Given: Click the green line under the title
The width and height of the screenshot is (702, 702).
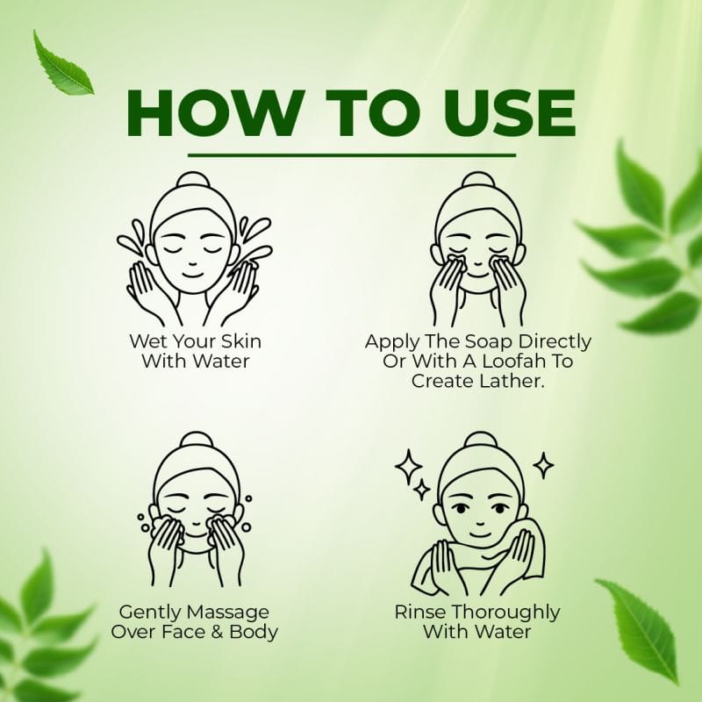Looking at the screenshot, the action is [x=352, y=155].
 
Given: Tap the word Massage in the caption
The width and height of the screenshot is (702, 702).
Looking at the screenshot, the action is [x=228, y=612].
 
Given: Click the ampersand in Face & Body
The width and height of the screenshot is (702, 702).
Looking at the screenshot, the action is [x=217, y=632].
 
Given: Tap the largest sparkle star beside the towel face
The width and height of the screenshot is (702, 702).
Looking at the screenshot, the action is [x=407, y=467].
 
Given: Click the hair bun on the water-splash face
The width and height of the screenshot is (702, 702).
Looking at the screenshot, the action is [x=193, y=181].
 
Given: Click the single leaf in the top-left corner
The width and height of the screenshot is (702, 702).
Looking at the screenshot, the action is [x=62, y=63].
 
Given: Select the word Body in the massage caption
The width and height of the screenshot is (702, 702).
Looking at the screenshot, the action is [x=254, y=632].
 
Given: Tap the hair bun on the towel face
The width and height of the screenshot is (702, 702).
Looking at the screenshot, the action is [x=480, y=441].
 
